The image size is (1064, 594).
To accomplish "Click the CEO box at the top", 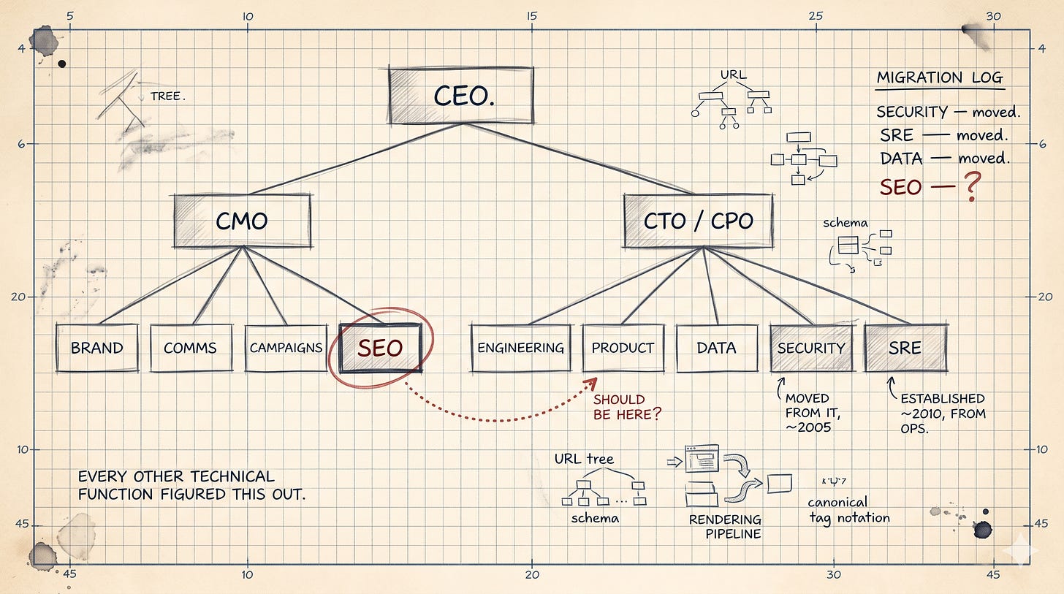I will tap(461, 95).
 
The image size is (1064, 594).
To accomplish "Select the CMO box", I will tap(242, 221).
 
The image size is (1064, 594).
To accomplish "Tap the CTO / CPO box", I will tap(698, 221).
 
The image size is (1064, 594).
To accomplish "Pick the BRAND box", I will tap(96, 348).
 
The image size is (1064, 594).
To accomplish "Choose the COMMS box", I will tap(190, 348).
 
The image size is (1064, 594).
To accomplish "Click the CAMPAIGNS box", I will tap(286, 348).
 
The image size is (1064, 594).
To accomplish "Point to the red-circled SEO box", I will tap(380, 348).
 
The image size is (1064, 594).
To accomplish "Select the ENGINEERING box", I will tap(520, 348).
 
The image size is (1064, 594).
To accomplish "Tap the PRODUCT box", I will tap(623, 348).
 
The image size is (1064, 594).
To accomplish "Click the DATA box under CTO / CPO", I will tap(716, 348).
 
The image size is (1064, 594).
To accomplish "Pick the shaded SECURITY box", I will tap(810, 348).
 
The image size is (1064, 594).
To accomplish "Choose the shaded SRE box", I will tap(905, 348).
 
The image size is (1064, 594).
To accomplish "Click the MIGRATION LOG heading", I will tap(940, 78).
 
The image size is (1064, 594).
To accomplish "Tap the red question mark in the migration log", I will tap(971, 187).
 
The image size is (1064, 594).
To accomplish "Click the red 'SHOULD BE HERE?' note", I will tap(627, 407).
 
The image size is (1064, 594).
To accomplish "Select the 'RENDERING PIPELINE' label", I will tap(724, 527).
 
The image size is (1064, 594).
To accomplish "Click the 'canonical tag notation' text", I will tap(848, 510).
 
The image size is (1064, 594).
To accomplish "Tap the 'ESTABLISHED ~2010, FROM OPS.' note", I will tap(943, 414).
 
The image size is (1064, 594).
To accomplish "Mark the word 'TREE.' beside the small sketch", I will tap(166, 96).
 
